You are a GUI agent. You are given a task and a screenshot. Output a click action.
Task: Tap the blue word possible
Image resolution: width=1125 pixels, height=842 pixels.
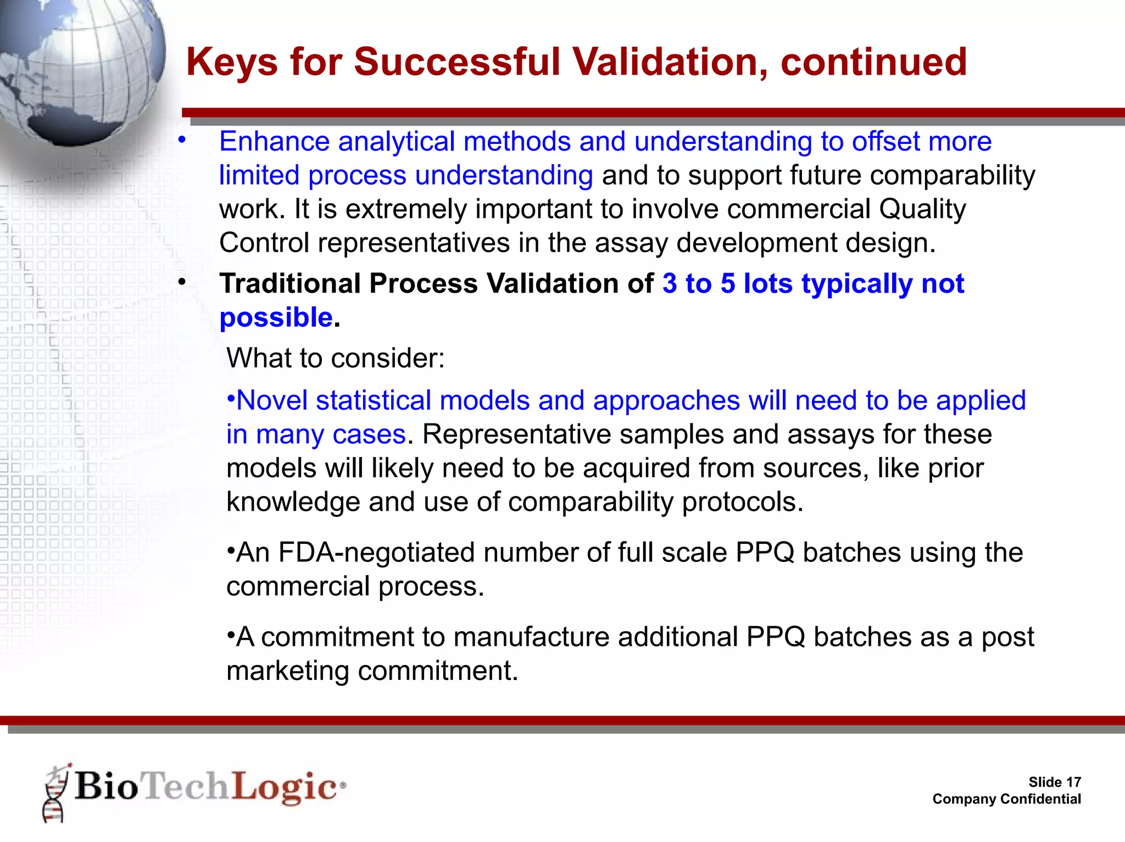[x=276, y=318]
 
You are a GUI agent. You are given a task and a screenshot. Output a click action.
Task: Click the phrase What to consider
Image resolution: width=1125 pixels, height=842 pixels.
[x=335, y=358]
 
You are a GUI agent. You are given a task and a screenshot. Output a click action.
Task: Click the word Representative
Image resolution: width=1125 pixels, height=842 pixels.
[x=516, y=434]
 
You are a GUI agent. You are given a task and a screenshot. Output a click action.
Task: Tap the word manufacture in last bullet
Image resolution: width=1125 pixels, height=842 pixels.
[x=531, y=637]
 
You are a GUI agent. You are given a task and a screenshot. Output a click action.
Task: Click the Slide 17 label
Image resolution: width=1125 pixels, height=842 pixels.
[x=1054, y=782]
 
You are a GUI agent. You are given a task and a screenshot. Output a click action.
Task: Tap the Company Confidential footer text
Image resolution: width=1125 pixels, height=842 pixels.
[x=1006, y=799]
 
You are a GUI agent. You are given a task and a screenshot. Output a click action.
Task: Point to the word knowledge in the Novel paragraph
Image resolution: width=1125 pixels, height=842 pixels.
[x=293, y=502]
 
